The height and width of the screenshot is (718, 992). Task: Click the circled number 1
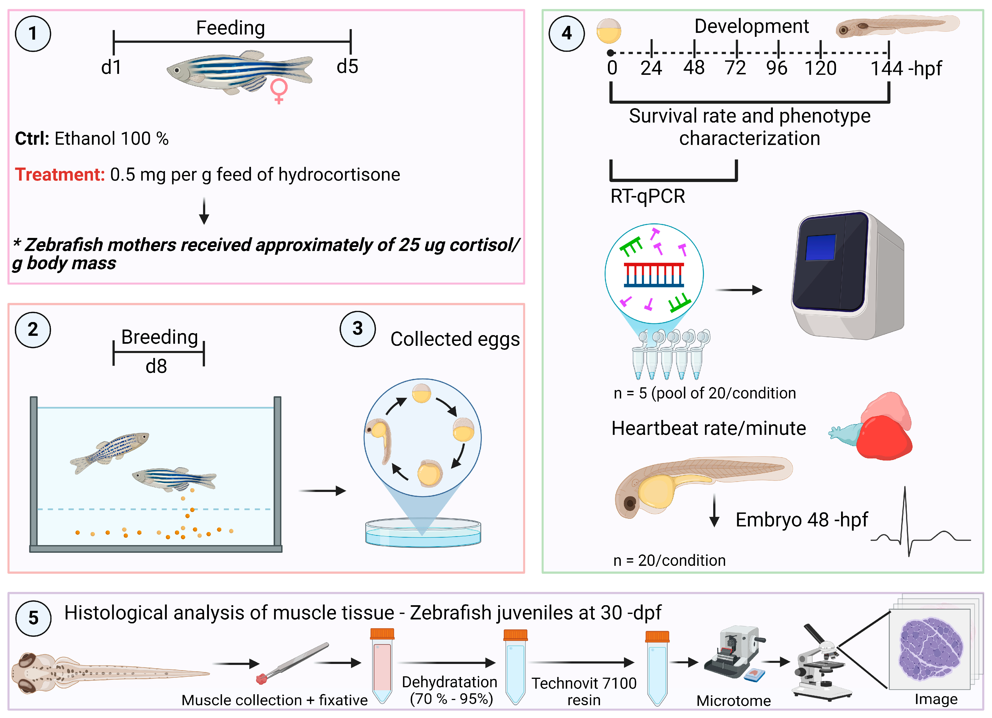pos(33,34)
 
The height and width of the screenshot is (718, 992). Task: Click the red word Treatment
pos(59,175)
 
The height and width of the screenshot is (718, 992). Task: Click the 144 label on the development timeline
pos(886,69)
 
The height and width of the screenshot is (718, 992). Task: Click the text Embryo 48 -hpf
pos(801,520)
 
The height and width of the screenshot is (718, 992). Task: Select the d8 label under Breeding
pos(156,366)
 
